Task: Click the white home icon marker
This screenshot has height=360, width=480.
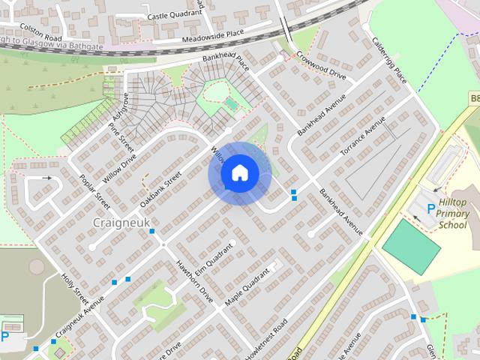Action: (x=239, y=173)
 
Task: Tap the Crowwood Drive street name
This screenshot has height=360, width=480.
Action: (x=321, y=65)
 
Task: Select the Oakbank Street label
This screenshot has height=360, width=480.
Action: (x=160, y=190)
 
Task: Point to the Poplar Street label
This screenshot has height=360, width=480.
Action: (x=94, y=192)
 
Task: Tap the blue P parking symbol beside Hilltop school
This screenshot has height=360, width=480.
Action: (x=430, y=210)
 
